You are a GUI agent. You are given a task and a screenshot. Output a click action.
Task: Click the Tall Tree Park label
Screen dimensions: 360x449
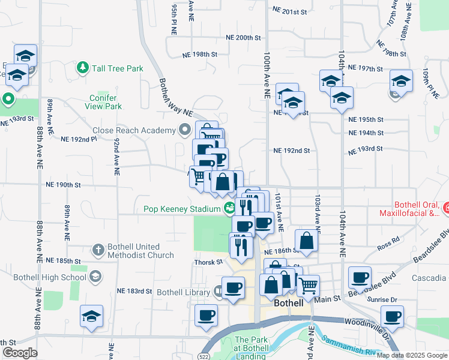tap(118, 68)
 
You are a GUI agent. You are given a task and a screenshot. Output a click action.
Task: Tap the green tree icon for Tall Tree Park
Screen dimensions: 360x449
tap(83, 68)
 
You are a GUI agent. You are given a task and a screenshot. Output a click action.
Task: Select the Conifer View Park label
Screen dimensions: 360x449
tap(106, 102)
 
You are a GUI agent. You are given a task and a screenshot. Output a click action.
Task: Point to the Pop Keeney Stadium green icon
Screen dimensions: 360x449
tap(229, 209)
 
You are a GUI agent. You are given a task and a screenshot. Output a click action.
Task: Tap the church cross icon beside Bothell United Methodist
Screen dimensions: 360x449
tap(98, 249)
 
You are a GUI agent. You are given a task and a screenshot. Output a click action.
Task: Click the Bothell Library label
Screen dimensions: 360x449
tap(182, 292)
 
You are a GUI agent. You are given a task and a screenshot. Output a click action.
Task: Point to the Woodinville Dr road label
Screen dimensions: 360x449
tap(366, 323)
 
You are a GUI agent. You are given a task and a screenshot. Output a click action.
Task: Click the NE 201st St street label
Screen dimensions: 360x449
tap(289, 11)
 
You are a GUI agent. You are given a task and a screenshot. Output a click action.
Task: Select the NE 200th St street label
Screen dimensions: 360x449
tap(244, 37)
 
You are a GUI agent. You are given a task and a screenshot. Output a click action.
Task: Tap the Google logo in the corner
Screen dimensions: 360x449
tap(19, 353)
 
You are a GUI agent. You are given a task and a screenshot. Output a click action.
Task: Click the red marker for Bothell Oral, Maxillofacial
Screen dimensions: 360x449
tap(446, 208)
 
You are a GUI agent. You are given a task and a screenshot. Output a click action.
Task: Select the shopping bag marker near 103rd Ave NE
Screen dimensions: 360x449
tap(306, 239)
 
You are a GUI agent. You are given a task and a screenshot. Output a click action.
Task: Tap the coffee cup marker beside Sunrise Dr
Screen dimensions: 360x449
tap(393, 316)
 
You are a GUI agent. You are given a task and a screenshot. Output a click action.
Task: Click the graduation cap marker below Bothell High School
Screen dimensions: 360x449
tap(91, 316)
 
